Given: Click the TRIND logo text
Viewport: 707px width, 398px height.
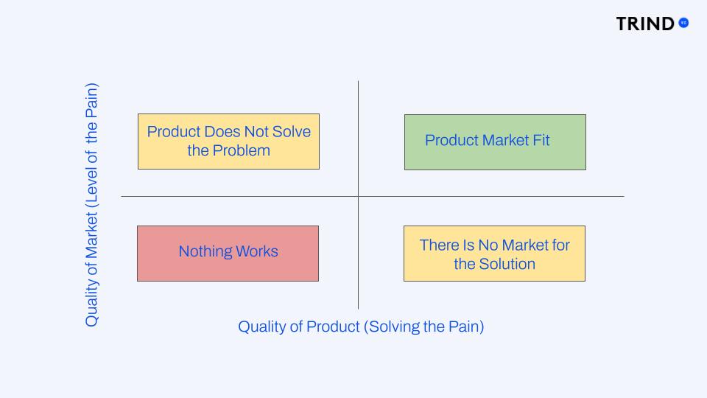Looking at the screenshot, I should pyautogui.click(x=645, y=24).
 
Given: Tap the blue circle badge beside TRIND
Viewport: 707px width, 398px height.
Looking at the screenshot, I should pyautogui.click(x=683, y=23).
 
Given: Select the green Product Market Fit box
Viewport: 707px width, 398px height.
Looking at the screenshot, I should pyautogui.click(x=495, y=142).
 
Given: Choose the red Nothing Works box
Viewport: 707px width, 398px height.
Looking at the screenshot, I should pyautogui.click(x=228, y=253).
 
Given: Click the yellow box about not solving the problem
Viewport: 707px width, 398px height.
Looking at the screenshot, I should pyautogui.click(x=228, y=141).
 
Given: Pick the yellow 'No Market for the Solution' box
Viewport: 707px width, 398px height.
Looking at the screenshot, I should pyautogui.click(x=494, y=253).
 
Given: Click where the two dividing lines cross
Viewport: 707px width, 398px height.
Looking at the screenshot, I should pyautogui.click(x=359, y=196).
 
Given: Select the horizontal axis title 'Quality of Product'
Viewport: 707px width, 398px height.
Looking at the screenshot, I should pyautogui.click(x=361, y=327).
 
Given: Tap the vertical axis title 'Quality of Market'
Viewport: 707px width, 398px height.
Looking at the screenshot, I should pyautogui.click(x=91, y=205).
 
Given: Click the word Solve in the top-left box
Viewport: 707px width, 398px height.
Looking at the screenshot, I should pyautogui.click(x=292, y=131).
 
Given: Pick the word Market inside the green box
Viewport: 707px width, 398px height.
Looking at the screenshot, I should pyautogui.click(x=500, y=140).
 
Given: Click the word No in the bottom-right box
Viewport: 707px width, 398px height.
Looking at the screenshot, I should pyautogui.click(x=488, y=245).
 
